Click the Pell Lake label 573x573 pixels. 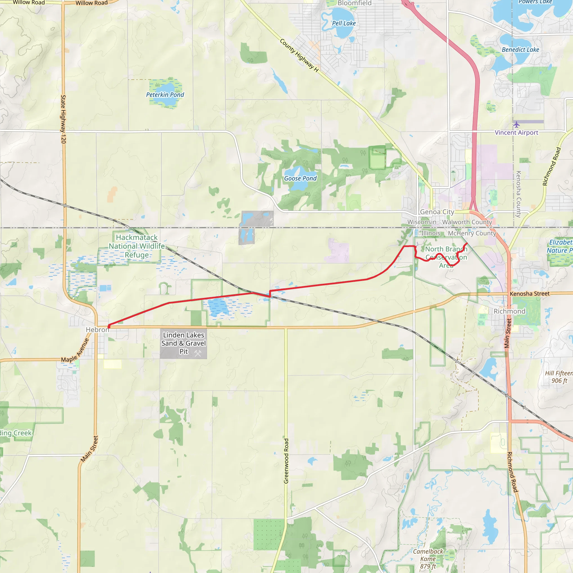click(x=344, y=23)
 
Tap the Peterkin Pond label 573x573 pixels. click(x=165, y=95)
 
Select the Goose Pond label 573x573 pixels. click(x=300, y=178)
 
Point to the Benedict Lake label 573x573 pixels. click(x=520, y=50)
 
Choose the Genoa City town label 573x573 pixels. click(x=437, y=212)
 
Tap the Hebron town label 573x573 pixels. click(x=97, y=330)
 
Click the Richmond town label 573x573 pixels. click(x=509, y=311)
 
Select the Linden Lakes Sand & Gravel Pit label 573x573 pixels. click(x=184, y=343)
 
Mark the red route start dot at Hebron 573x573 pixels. click(x=109, y=327)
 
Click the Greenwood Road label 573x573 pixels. click(x=286, y=461)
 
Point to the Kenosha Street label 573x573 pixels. click(x=530, y=293)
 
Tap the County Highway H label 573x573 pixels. click(x=299, y=55)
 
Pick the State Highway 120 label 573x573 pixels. click(x=63, y=119)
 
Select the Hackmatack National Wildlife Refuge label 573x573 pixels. click(x=137, y=246)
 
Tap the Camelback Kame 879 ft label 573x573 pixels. click(x=428, y=559)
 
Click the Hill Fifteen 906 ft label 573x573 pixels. click(x=559, y=377)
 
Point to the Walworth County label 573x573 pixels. click(x=467, y=222)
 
